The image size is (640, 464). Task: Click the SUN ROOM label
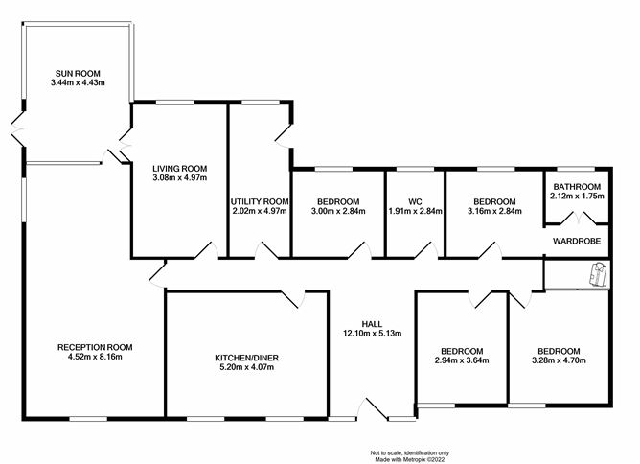coord(78,74)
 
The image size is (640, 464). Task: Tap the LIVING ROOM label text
coord(179,169)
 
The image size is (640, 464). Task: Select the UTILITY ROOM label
coord(260,201)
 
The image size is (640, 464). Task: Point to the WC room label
coord(415,201)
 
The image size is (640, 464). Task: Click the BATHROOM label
coord(577,187)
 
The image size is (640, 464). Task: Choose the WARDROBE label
coord(577,241)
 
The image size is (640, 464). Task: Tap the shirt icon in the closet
coord(599,274)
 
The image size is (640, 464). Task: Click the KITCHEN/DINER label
coord(247,358)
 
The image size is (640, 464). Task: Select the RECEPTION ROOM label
coord(95,347)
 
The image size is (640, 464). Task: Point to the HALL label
coord(373,324)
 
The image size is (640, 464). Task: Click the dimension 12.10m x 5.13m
coord(373,334)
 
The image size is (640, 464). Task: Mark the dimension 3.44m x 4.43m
coord(78,82)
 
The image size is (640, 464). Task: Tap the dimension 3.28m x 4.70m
coord(559,360)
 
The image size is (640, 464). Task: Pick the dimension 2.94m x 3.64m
coord(462,360)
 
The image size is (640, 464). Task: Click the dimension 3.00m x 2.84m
coord(338,211)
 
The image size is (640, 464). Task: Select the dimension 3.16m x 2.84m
coord(494,211)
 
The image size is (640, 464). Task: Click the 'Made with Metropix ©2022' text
coord(410,459)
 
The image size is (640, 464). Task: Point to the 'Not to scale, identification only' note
coord(410,452)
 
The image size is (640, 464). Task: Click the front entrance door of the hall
coord(373,408)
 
